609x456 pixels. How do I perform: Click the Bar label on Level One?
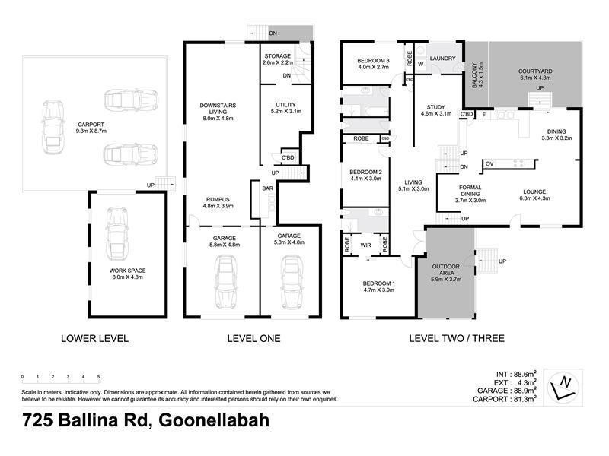[x=267, y=188]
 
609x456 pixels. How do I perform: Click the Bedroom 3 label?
[x=373, y=63]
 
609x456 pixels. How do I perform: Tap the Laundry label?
[x=442, y=58]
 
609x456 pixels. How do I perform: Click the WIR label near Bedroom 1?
[x=365, y=245]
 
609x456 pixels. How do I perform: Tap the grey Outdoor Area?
[x=446, y=274]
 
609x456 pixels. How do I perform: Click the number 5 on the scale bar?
[x=99, y=376]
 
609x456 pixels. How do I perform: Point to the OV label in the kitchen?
[x=490, y=163]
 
